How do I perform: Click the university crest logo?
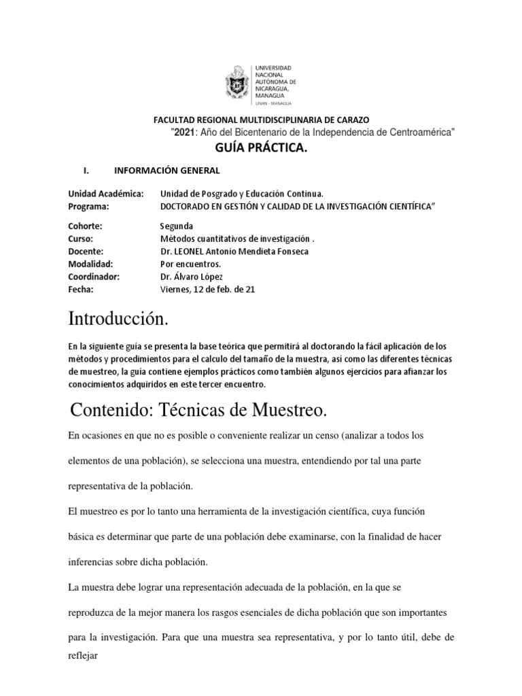click(x=237, y=85)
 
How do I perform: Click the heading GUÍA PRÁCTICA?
click(x=247, y=149)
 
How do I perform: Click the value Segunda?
click(x=177, y=226)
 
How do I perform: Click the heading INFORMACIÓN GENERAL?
click(x=167, y=171)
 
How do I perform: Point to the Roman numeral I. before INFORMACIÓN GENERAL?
click(x=85, y=171)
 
